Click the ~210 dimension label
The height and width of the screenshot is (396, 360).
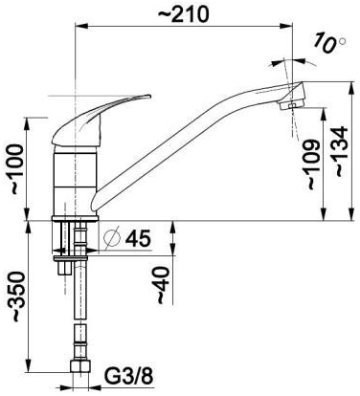click(x=184, y=13)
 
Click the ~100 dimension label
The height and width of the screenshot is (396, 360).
click(x=17, y=169)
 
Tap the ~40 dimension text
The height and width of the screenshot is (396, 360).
click(x=163, y=285)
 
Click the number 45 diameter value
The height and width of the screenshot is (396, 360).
click(x=138, y=238)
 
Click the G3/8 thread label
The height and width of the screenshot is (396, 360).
click(x=129, y=377)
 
